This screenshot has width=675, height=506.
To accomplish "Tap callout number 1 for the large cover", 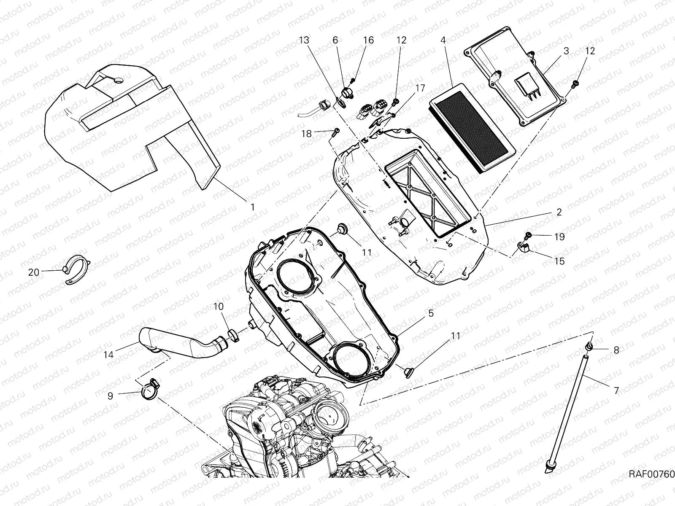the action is pyautogui.click(x=252, y=207).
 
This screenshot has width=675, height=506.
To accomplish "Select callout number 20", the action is pyautogui.click(x=34, y=272).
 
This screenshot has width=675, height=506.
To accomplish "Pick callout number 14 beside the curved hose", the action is pyautogui.click(x=108, y=355).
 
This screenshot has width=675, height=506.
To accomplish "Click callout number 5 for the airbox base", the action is pyautogui.click(x=431, y=313).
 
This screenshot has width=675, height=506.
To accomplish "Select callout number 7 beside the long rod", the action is pyautogui.click(x=616, y=390).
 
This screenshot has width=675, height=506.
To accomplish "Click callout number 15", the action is pyautogui.click(x=559, y=261).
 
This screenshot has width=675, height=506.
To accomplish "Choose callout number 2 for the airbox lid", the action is pyautogui.click(x=559, y=212).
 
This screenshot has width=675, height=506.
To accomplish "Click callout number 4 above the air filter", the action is pyautogui.click(x=443, y=40).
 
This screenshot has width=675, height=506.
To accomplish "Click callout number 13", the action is pyautogui.click(x=304, y=40).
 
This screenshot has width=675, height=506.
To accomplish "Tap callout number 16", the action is pyautogui.click(x=368, y=40).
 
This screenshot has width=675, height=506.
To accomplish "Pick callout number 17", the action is pyautogui.click(x=420, y=88).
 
